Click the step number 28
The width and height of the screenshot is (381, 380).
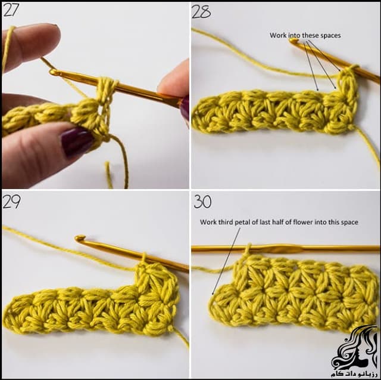pyautogui.click(x=201, y=12)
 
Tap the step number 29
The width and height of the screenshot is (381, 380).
pyautogui.click(x=11, y=202)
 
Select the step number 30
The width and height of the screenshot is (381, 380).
pyautogui.click(x=202, y=202)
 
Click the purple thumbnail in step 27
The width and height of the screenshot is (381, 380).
pyautogui.click(x=77, y=142)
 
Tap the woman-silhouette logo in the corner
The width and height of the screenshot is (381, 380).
pyautogui.click(x=355, y=347)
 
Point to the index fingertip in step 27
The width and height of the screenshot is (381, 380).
pyautogui.click(x=52, y=33)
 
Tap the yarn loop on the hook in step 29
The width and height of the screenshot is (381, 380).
pyautogui.click(x=143, y=258)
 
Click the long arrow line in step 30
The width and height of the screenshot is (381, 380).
pyautogui.click(x=226, y=261)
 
